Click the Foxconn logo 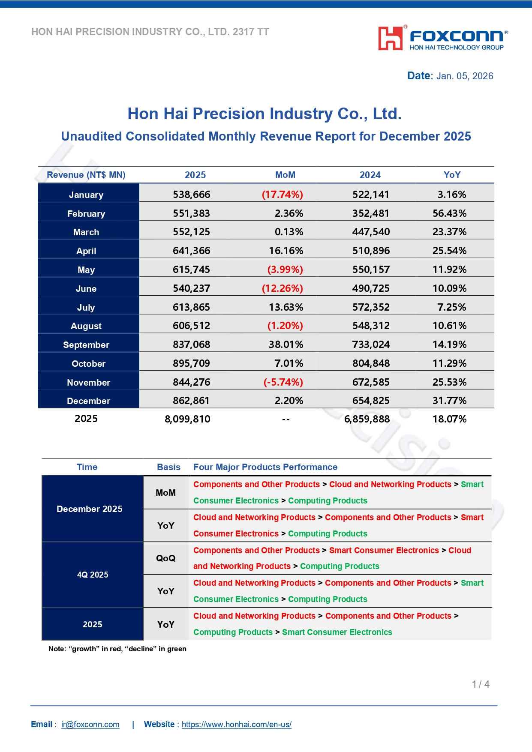tap(443, 39)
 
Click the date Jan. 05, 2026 tap(465, 76)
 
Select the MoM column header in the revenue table tap(285, 175)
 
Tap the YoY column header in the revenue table tap(452, 175)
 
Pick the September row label tap(86, 345)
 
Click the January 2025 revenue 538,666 tap(192, 195)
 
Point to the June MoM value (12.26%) tap(283, 288)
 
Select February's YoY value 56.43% tap(449, 213)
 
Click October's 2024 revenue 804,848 tap(371, 363)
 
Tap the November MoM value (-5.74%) tap(283, 382)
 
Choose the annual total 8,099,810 tap(187, 419)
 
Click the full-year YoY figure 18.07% tap(449, 419)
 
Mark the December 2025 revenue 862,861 tap(192, 401)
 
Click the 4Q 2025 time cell tap(93, 575)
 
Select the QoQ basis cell tap(166, 558)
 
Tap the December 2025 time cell tap(90, 509)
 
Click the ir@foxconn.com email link tap(90, 725)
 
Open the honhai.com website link tap(237, 725)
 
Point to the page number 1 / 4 tap(481, 684)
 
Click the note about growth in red tap(117, 649)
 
